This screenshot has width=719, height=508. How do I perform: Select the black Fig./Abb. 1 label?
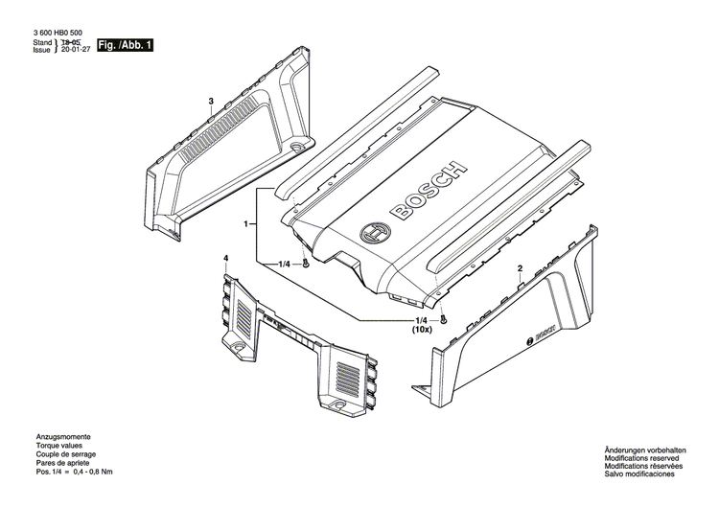tap(126, 45)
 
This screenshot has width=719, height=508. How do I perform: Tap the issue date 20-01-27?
tap(71, 52)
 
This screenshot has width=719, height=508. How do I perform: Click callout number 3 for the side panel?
tap(210, 102)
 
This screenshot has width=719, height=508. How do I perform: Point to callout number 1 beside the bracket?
tap(246, 224)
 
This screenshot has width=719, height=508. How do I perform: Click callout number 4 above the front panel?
tap(226, 259)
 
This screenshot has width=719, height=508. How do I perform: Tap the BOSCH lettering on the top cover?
tap(424, 191)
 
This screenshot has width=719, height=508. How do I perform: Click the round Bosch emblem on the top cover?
tap(372, 234)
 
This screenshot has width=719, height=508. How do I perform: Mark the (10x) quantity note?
tap(422, 329)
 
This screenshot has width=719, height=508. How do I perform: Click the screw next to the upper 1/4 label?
tap(306, 264)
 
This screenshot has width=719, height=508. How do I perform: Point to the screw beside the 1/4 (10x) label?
tap(443, 320)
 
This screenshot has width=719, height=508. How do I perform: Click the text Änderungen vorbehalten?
tap(646, 450)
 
